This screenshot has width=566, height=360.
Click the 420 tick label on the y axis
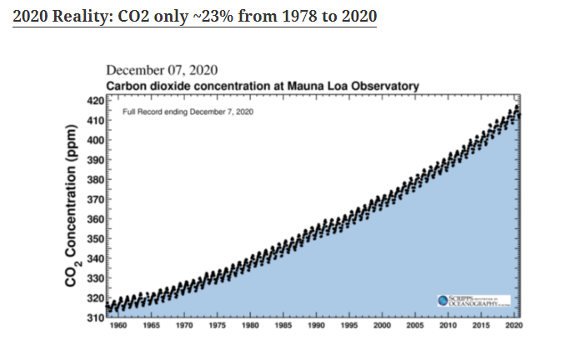tap(94, 101)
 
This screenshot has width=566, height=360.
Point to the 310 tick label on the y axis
tap(94, 317)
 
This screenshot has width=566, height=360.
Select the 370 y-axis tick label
tap(94, 199)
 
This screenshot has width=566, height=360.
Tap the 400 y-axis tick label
tap(94, 140)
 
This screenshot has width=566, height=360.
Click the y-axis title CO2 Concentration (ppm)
tap(73, 207)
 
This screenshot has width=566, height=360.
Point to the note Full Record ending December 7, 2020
tap(188, 111)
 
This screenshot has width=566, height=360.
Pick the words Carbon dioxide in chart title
tap(146, 86)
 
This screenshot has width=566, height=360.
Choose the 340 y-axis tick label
tap(94, 258)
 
